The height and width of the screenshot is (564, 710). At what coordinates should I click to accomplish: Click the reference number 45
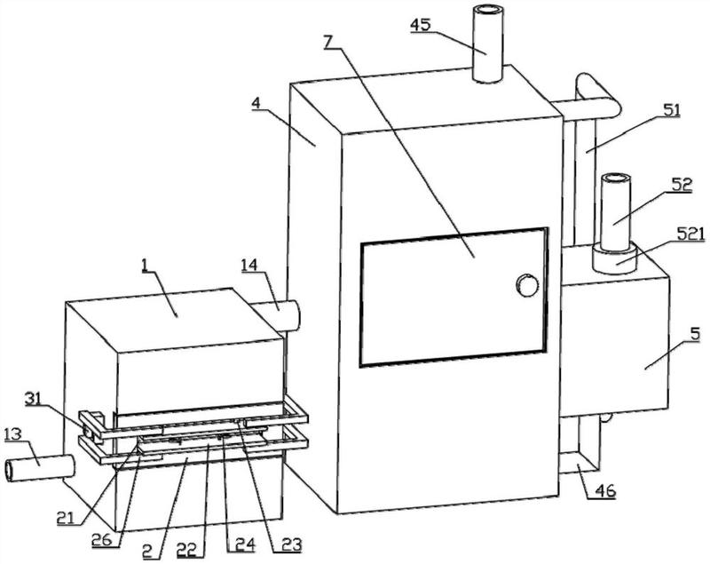(x=421, y=25)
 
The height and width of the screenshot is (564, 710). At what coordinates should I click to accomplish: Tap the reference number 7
(x=329, y=41)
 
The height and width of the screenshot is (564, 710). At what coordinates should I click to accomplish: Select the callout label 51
(x=671, y=110)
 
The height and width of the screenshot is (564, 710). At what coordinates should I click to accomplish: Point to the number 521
(x=690, y=234)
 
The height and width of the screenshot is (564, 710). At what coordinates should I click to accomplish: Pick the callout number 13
(x=13, y=435)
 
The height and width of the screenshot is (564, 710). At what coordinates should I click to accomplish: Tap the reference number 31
(x=33, y=399)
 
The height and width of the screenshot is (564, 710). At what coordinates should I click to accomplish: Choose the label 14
(x=249, y=264)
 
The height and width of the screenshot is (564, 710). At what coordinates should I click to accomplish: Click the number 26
(x=102, y=539)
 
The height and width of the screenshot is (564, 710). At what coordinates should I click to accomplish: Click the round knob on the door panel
(x=527, y=285)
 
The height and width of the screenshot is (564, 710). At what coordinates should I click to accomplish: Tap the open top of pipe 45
(x=487, y=11)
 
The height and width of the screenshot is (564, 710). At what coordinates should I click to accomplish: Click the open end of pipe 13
(x=10, y=471)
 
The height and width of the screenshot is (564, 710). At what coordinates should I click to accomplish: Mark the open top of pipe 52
(x=615, y=179)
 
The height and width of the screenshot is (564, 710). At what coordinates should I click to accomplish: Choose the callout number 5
(x=695, y=335)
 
